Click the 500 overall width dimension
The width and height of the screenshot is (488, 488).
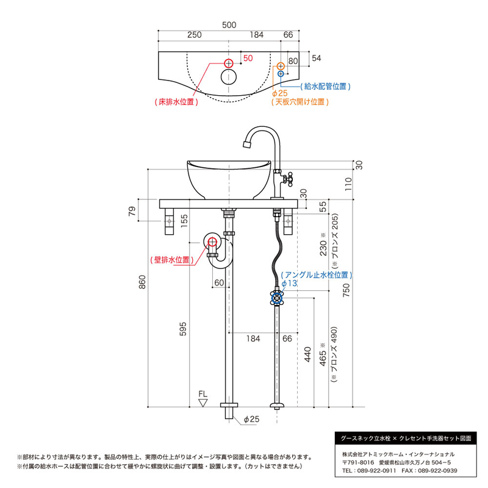tap(229, 25)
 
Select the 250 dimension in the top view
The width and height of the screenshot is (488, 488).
tap(195, 35)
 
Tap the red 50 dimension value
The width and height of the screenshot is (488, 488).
tap(248, 58)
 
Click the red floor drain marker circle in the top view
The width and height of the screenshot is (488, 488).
tap(229, 63)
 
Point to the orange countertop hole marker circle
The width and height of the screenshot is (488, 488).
tap(281, 66)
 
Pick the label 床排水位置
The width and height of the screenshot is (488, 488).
tap(176, 102)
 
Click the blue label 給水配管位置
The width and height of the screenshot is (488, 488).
tap(325, 86)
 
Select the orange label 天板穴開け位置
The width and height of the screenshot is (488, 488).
tap(300, 102)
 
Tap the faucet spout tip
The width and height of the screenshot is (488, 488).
tap(247, 144)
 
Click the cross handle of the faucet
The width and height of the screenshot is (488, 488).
tap(288, 179)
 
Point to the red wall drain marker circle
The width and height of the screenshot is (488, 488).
tap(212, 242)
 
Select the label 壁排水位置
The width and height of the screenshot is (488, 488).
tap(172, 260)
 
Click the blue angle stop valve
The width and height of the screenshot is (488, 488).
tap(277, 298)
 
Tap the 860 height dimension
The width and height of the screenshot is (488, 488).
tap(142, 282)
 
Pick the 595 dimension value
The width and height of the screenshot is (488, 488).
tap(183, 329)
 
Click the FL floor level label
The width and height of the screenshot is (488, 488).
tap(203, 394)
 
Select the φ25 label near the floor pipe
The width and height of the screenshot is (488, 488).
tap(251, 419)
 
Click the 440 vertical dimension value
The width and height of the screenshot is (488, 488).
tap(307, 354)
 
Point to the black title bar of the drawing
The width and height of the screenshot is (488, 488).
tap(406, 439)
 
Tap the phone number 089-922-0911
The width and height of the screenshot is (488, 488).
tap(376, 470)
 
